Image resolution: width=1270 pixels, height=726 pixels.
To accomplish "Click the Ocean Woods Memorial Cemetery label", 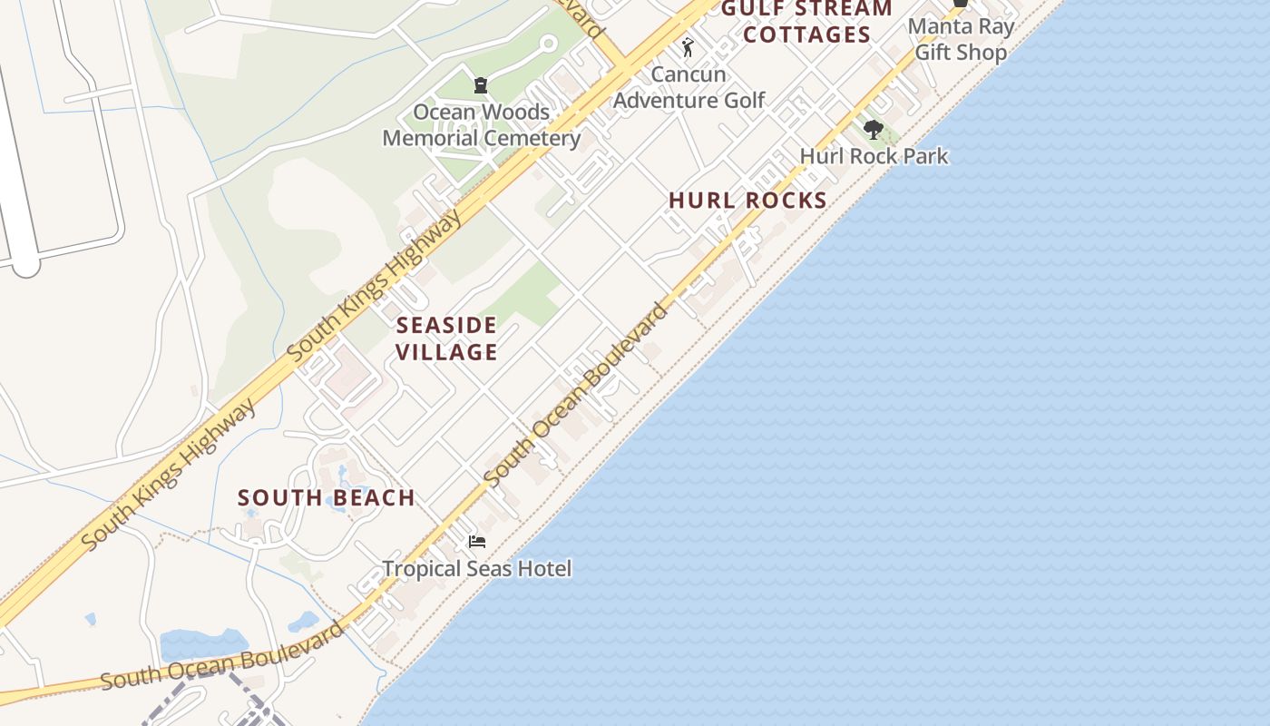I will coord(481,125).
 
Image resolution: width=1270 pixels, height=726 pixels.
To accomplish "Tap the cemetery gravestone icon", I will coord(481,85).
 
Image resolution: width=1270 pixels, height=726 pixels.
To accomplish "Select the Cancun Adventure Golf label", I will coord(689,87).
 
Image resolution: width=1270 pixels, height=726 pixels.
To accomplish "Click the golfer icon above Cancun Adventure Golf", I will coord(688,46).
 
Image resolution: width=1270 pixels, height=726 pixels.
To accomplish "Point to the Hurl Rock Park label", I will coord(874,156).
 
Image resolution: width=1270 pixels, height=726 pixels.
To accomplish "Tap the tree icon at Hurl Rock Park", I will coord(874,130).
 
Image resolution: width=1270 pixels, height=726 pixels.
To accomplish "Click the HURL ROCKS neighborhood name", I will coord(747,201).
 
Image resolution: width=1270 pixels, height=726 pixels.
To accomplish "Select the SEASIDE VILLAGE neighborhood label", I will coord(447,338).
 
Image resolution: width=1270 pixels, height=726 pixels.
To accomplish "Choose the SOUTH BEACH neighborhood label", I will coord(327,497).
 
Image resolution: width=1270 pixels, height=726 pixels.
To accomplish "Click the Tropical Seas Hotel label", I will coord(477,569).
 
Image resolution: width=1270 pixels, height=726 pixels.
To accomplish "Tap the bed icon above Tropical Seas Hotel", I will coord(477,542).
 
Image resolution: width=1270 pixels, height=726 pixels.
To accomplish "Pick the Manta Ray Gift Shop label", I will coord(961,39).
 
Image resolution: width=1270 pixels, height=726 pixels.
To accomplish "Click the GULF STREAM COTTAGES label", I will coord(806,22).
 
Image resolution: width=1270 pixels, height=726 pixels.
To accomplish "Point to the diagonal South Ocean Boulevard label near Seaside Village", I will coord(577,393).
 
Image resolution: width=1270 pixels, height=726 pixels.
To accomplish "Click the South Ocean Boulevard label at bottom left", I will coord(222,656).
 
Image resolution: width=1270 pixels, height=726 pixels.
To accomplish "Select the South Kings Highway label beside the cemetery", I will coord(376,284).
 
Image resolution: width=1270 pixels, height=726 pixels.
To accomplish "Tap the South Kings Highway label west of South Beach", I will coord(169,475).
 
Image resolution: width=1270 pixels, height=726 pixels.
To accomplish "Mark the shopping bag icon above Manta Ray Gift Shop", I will coord(960,4).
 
